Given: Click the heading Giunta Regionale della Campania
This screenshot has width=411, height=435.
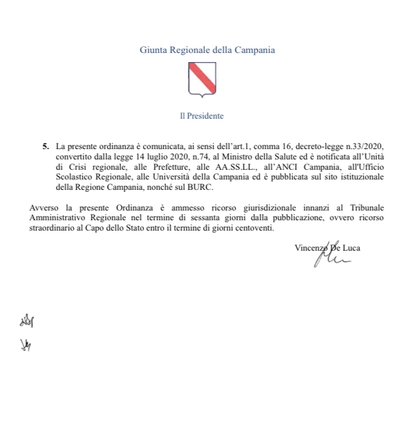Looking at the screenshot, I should [x=207, y=50].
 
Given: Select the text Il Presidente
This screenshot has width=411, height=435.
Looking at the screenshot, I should [x=201, y=116].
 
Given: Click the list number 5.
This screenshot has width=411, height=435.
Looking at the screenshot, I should [x=46, y=147].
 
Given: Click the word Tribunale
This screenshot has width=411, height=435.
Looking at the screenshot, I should [x=362, y=209].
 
